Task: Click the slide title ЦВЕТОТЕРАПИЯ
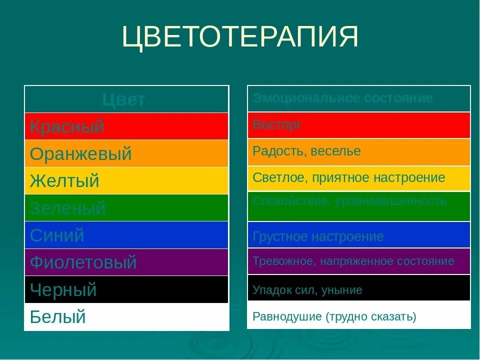coord(240,37)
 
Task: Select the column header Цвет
coord(123,99)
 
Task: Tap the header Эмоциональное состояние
coord(342,98)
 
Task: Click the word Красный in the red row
coord(67,127)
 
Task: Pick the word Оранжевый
coord(80,154)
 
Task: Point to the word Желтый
coord(64,180)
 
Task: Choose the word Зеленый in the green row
coord(67,208)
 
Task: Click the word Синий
coord(57,235)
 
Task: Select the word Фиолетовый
coord(83,262)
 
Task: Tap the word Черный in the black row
coord(63,289)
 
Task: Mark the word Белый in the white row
coord(58,316)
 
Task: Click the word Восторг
coord(277,124)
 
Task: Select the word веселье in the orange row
coord(335,151)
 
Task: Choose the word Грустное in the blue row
coord(278,236)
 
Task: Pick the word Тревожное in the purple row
coord(280,261)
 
